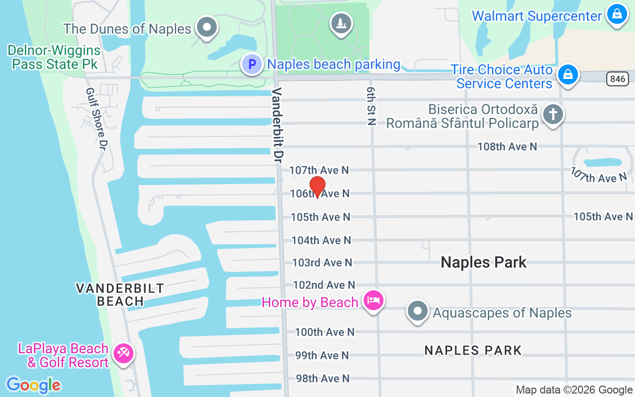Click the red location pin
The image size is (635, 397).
[317, 187]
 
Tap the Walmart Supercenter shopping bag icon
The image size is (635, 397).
[617, 14]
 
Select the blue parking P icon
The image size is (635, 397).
[252, 64]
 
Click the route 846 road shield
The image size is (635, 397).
[618, 78]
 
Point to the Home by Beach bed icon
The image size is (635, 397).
[374, 300]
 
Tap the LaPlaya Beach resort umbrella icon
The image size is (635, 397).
[122, 354]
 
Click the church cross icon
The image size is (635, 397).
[553, 115]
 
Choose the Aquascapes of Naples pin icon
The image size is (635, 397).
[417, 311]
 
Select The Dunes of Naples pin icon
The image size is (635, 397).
[207, 27]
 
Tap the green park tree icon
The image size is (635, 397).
[341, 23]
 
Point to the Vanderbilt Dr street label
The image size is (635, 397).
[277, 126]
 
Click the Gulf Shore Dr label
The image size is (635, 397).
[97, 119]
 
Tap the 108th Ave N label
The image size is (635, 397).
[507, 146]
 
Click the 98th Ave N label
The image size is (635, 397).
[322, 379]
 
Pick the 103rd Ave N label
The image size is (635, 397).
[322, 263]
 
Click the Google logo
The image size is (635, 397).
[33, 385]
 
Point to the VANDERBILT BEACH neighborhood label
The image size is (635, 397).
[120, 294]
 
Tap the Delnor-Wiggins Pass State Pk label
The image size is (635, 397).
[54, 57]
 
